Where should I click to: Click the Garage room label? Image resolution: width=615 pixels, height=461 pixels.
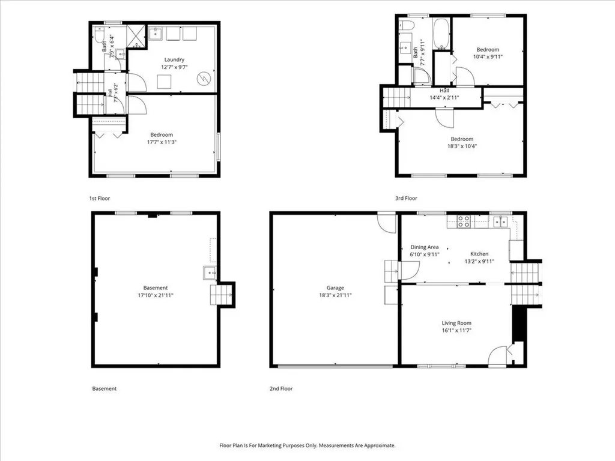click(335, 288)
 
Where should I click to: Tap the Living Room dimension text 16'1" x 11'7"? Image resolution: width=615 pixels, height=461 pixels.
click(456, 330)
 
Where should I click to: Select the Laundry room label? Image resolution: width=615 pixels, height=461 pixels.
click(174, 59)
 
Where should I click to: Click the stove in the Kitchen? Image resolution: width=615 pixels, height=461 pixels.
click(464, 221)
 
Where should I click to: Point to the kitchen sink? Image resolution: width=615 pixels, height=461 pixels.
click(500, 221)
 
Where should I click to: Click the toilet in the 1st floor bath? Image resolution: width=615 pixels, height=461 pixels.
click(99, 37)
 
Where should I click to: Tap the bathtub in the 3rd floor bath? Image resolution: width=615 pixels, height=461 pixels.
click(441, 34)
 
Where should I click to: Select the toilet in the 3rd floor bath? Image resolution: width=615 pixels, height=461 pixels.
click(407, 25)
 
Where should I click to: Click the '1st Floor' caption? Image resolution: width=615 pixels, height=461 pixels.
click(100, 198)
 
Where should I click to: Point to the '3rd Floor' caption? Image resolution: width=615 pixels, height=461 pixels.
click(406, 198)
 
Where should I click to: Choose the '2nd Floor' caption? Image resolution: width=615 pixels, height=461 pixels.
click(281, 388)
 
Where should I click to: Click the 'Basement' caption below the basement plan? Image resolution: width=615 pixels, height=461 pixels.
click(105, 388)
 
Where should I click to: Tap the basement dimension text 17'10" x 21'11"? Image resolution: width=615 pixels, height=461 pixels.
click(156, 295)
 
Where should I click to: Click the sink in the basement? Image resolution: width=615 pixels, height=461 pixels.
click(210, 273)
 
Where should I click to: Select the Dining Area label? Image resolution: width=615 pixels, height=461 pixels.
click(425, 247)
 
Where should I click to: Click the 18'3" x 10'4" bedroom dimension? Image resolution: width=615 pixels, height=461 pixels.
click(462, 146)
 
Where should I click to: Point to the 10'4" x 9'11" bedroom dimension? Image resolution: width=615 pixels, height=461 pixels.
click(488, 56)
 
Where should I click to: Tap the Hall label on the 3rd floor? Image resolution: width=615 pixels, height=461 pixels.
click(444, 91)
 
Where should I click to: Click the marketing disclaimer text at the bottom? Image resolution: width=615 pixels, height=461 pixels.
click(307, 445)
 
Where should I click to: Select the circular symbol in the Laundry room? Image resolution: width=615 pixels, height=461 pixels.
click(204, 79)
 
